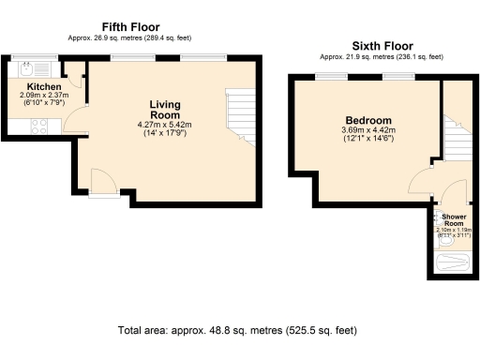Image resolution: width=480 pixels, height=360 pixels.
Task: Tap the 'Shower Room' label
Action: click(453, 220)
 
